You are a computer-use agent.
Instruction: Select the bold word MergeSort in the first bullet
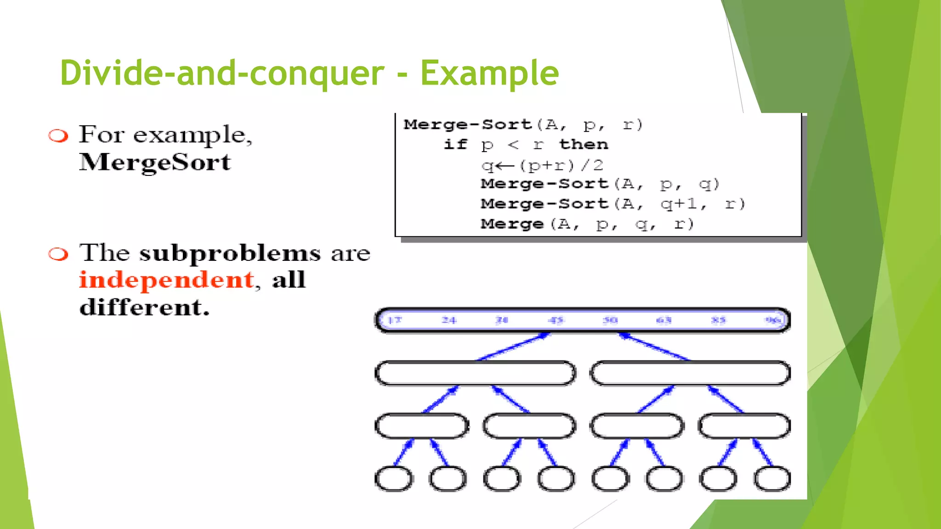click(x=155, y=162)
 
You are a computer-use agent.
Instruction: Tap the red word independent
click(x=167, y=280)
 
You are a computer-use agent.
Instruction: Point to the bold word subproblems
click(x=230, y=253)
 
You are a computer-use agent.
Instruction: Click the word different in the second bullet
click(x=144, y=307)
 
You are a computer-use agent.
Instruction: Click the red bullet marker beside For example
click(x=58, y=136)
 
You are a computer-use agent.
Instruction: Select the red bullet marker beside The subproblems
click(x=58, y=254)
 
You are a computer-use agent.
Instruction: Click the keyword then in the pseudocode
click(x=584, y=144)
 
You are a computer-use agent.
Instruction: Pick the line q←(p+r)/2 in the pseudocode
click(x=542, y=165)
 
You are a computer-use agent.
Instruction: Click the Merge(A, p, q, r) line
click(x=587, y=224)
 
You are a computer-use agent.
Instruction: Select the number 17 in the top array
click(x=394, y=320)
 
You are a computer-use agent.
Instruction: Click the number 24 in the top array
click(x=448, y=320)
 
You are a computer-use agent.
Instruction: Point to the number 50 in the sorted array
click(x=610, y=320)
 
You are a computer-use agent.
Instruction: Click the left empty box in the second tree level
click(x=475, y=373)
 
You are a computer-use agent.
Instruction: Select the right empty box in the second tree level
click(x=690, y=373)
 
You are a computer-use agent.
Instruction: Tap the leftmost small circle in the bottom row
click(x=394, y=479)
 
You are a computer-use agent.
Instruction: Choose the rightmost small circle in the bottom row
click(x=772, y=479)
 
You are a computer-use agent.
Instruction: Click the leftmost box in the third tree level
click(x=422, y=426)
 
